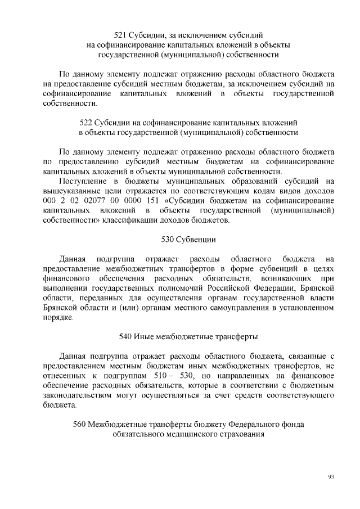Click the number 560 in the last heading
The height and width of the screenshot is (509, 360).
(80, 424)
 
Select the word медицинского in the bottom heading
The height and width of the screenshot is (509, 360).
(187, 434)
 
